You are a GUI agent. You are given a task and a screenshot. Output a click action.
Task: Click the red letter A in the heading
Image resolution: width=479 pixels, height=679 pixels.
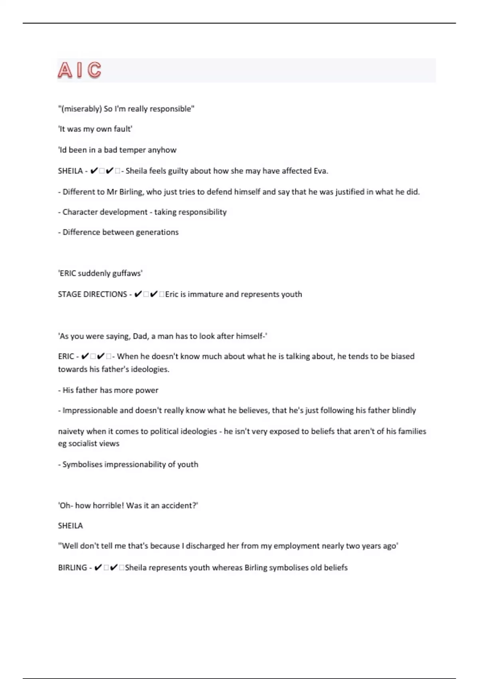65,70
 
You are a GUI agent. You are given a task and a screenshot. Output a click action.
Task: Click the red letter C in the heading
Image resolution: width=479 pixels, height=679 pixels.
94,70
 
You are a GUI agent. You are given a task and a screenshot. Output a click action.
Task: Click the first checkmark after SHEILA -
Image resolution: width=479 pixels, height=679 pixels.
94,171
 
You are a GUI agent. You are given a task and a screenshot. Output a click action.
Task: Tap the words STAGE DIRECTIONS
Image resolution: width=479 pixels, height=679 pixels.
92,294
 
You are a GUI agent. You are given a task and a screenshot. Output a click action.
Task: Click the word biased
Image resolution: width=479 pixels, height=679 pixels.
402,356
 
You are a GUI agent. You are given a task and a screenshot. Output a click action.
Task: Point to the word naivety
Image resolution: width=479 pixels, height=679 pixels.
71,431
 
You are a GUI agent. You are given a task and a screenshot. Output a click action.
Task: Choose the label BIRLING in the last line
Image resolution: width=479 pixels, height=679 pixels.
72,568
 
